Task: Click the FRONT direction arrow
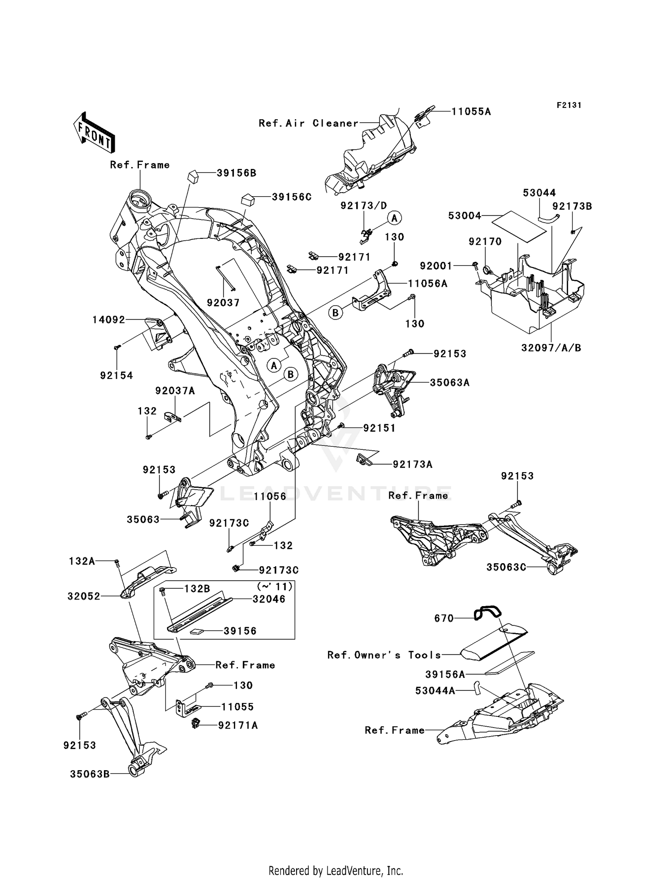[94, 133]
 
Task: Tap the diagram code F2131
[569, 105]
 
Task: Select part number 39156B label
[236, 173]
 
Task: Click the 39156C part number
[291, 197]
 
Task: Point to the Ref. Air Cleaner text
[309, 123]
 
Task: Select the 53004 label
[464, 216]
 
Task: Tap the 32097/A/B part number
[551, 348]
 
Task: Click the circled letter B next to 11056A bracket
[336, 312]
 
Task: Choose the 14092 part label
[108, 320]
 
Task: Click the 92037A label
[175, 391]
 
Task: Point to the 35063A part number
[449, 383]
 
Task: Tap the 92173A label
[412, 465]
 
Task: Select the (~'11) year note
[275, 586]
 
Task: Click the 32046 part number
[268, 599]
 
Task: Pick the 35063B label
[90, 774]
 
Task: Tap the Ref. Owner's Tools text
[384, 655]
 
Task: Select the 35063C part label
[506, 567]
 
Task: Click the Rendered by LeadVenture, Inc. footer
[336, 870]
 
